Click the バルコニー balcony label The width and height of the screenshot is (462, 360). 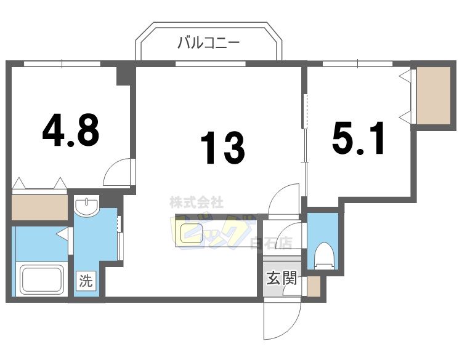coord(208,43)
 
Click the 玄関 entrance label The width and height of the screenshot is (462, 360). coord(282,279)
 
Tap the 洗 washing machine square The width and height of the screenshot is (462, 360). coord(86,281)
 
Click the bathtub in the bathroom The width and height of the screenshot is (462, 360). coord(42,279)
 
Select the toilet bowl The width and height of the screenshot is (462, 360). coord(323,254)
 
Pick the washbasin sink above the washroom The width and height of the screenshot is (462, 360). coord(87,206)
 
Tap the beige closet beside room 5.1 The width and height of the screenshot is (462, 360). coord(433,95)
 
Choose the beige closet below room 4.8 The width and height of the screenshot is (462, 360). coord(39,207)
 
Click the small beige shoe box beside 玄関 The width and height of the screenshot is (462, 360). coord(314,287)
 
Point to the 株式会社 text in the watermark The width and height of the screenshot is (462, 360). coord(197,202)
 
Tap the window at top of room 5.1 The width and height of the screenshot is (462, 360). coord(358,63)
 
